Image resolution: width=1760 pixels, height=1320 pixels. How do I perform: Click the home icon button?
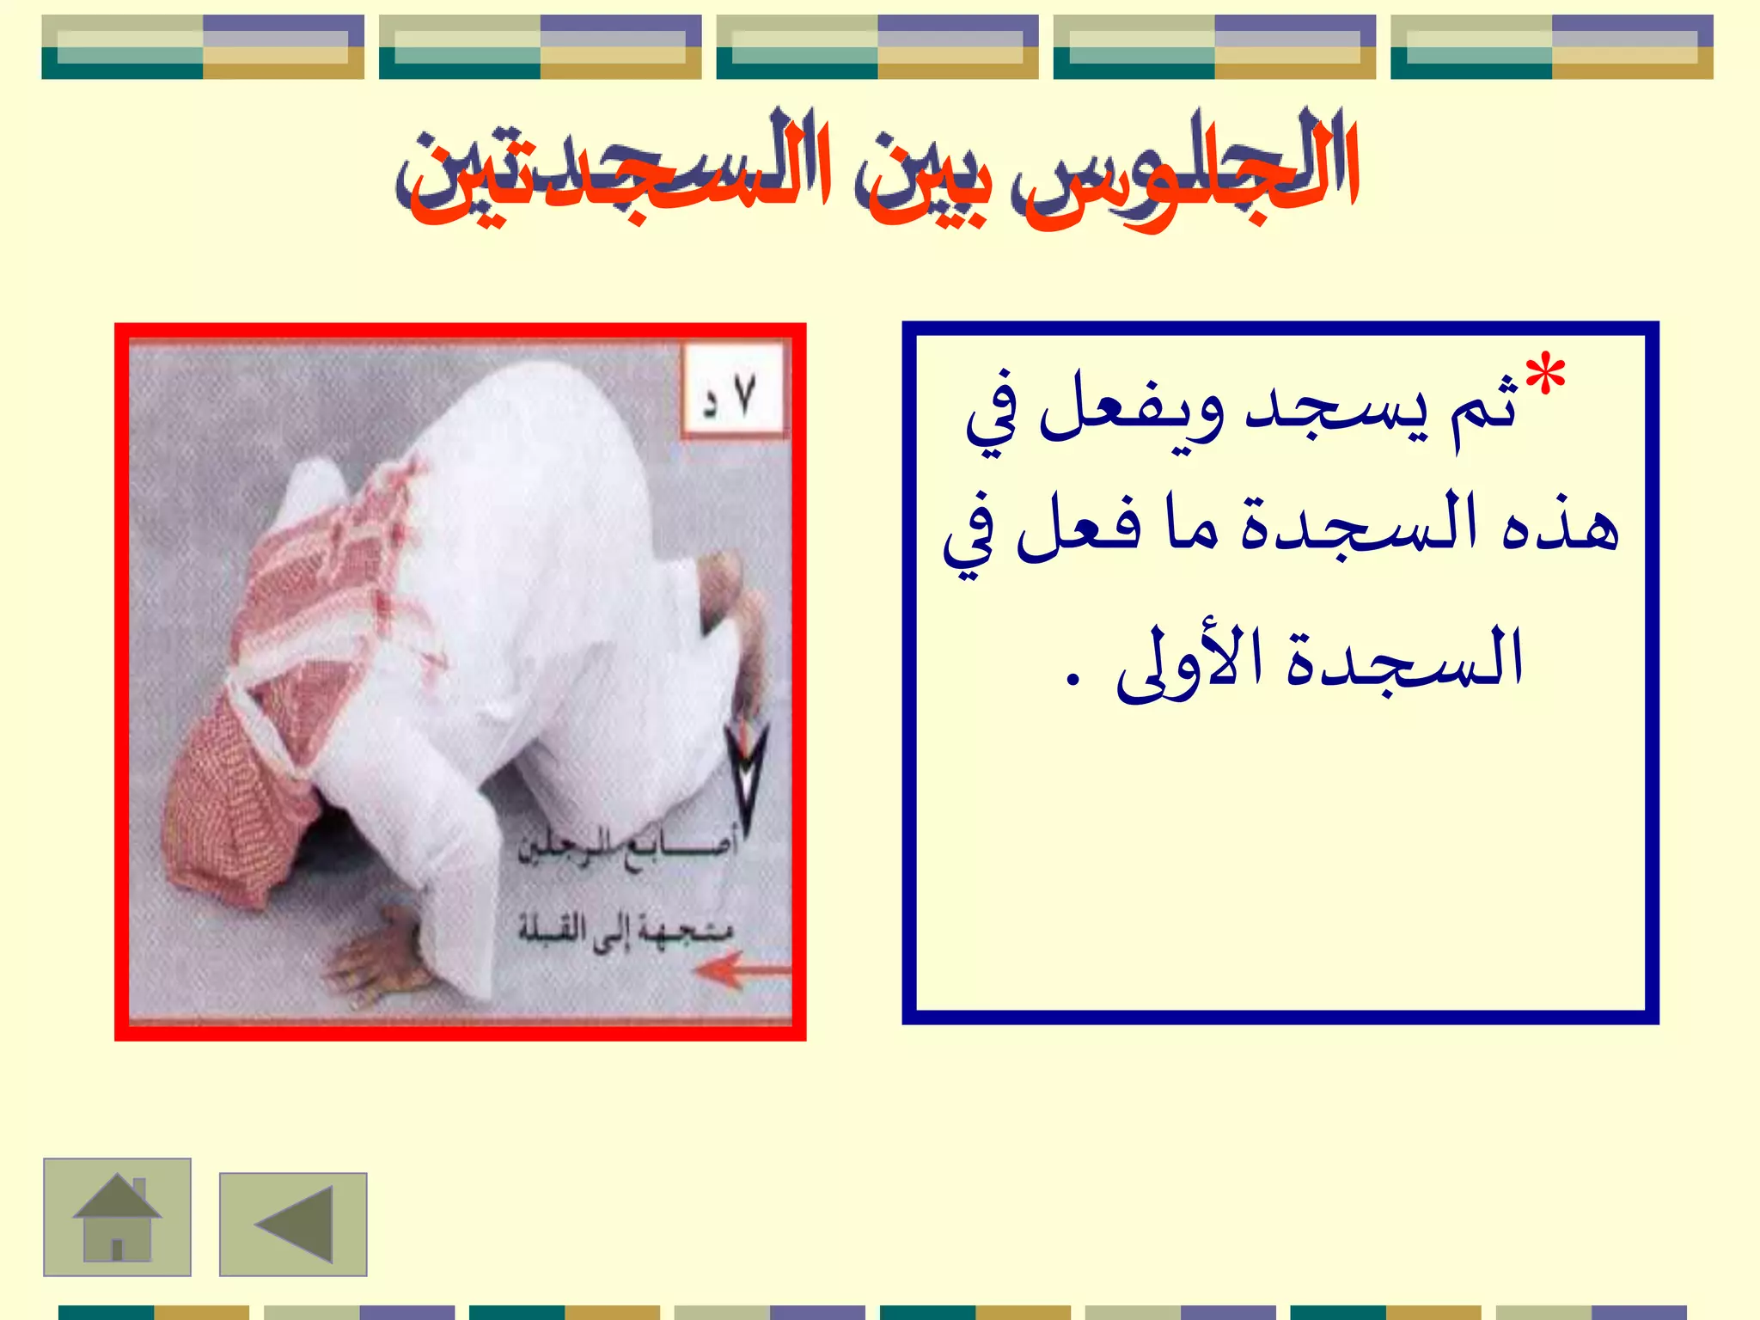[x=117, y=1217]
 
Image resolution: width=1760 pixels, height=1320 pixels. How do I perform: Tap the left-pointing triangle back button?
[x=294, y=1224]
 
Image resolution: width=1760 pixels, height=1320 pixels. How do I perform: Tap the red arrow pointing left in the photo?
[x=741, y=971]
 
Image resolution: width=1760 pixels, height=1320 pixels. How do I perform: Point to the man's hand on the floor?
[x=382, y=954]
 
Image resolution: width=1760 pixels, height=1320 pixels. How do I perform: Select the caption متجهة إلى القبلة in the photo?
[x=626, y=928]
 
